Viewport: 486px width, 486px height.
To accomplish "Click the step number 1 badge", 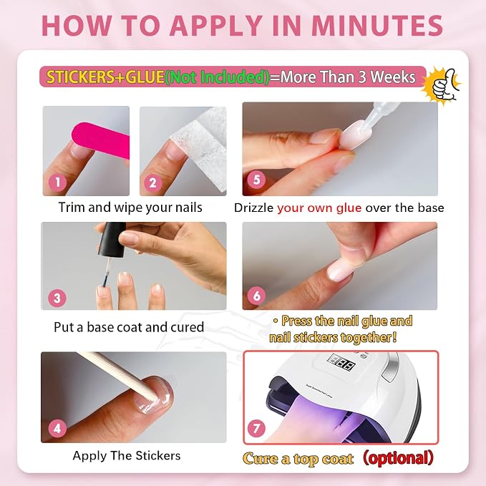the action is (x=58, y=183).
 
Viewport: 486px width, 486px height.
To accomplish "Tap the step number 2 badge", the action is (x=152, y=183).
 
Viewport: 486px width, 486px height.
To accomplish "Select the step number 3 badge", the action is (x=57, y=298).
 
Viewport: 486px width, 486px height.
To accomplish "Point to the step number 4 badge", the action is (x=57, y=429).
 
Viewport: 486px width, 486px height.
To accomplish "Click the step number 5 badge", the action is (x=257, y=180).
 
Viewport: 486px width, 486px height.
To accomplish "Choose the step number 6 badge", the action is (x=257, y=296).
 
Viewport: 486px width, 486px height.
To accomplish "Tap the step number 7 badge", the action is (x=257, y=429).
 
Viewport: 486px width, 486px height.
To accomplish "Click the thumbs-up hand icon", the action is (x=444, y=85).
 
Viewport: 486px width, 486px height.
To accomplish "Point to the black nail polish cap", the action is (x=112, y=240).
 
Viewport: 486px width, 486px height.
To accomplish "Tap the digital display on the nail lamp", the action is (x=341, y=363).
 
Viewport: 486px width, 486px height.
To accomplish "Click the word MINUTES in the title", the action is (x=377, y=26).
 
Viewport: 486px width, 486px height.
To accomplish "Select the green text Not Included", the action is (x=218, y=77).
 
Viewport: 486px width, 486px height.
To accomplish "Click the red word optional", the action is (x=398, y=458).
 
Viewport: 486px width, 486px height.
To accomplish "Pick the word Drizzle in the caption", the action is (x=254, y=208).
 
